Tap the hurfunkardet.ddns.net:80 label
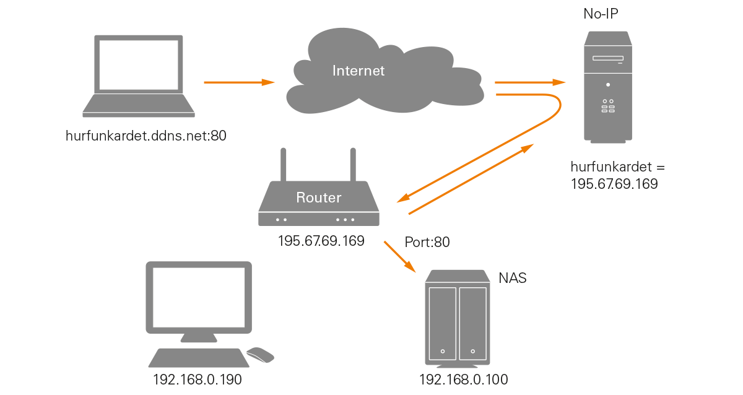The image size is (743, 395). pos(146,135)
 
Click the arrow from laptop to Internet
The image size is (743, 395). pos(239,82)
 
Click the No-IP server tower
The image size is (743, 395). pos(608,87)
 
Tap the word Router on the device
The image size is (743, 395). pos(319,198)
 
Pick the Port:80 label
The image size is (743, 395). pos(427,243)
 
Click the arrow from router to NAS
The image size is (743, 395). pos(399,256)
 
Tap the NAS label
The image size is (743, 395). pos(513,278)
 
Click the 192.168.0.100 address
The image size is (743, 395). pos(463,379)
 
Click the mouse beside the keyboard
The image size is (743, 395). pos(261,355)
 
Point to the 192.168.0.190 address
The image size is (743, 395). pos(197,379)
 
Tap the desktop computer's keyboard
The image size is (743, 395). pos(198,358)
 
